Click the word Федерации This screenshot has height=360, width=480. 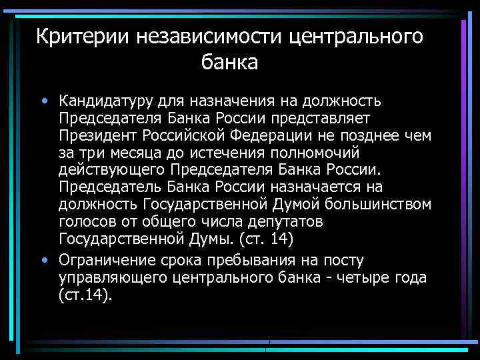pyautogui.click(x=273, y=136)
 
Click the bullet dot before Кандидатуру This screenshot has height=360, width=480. pyautogui.click(x=43, y=102)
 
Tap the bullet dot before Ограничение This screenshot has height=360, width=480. pyautogui.click(x=43, y=259)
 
